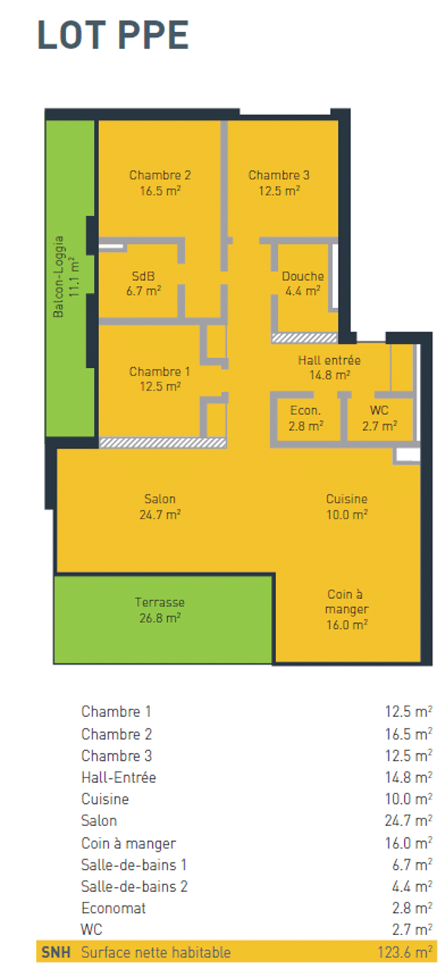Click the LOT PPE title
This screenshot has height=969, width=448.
[113, 35]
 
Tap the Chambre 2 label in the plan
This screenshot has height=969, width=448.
[160, 182]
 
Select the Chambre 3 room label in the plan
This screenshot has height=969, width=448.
[279, 182]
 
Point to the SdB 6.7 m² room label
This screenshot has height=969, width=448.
[144, 283]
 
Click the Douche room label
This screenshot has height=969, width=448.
[303, 283]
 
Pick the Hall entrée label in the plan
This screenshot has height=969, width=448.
[329, 368]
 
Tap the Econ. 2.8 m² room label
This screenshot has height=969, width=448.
[306, 418]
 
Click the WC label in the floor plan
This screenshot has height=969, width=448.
[379, 418]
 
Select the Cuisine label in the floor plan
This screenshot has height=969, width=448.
[347, 506]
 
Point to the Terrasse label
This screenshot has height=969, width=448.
[160, 610]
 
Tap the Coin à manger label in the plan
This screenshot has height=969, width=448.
[347, 609]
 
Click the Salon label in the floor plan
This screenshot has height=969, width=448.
[160, 506]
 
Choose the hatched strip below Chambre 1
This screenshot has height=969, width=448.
[163, 443]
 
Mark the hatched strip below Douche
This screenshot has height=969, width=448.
[304, 338]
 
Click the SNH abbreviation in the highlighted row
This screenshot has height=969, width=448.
[56, 952]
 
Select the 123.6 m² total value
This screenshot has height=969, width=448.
[405, 952]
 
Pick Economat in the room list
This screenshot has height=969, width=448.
[114, 908]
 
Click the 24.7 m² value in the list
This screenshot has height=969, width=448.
[408, 821]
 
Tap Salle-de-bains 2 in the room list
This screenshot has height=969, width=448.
[134, 886]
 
